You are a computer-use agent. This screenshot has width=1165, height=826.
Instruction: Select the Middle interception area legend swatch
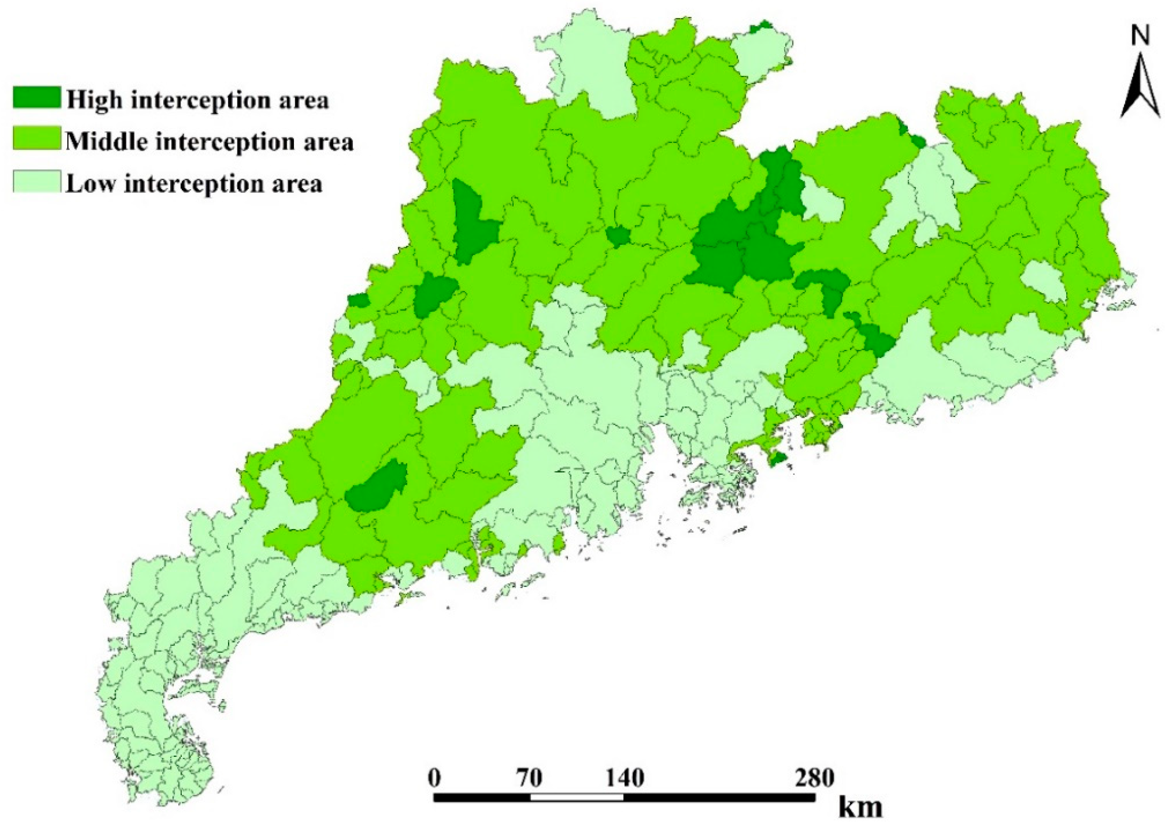[37, 139]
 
